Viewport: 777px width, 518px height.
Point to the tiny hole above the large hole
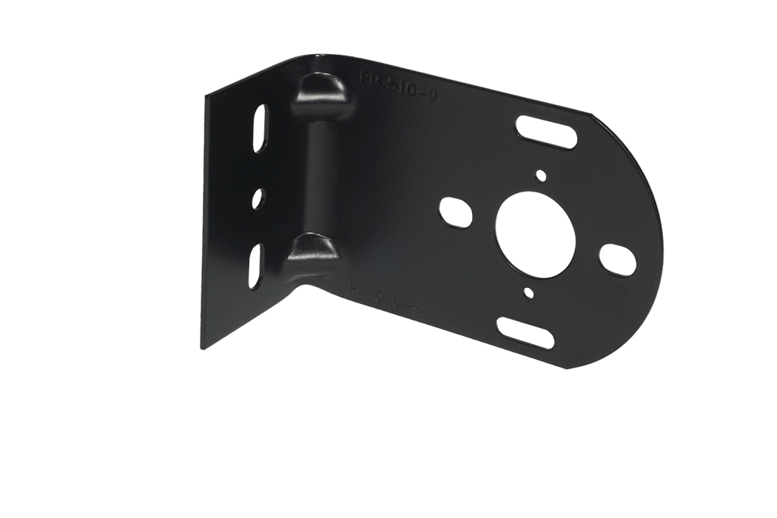click(541, 175)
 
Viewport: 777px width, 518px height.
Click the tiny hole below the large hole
click(527, 293)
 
